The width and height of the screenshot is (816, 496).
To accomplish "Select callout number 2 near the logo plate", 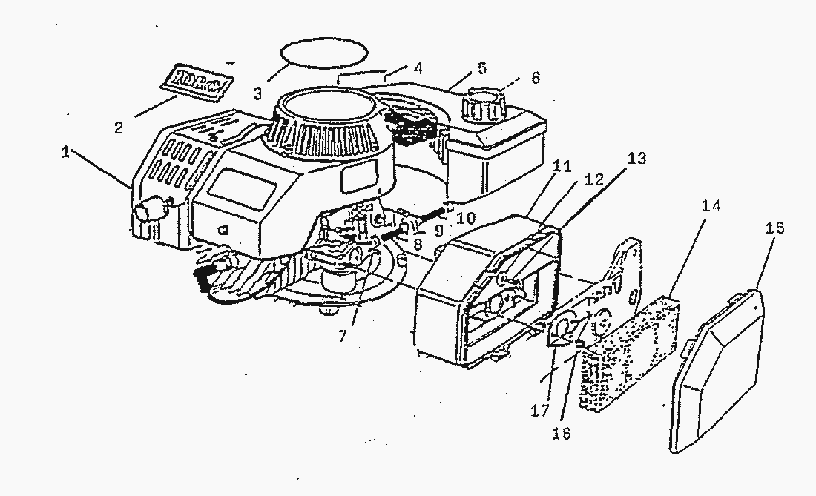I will [x=119, y=128].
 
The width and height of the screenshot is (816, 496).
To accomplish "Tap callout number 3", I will [x=257, y=94].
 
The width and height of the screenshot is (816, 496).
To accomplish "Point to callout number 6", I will [x=535, y=77].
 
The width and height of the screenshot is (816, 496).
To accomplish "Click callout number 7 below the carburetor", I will [x=342, y=336].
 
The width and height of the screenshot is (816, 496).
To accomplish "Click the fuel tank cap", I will [x=481, y=106].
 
